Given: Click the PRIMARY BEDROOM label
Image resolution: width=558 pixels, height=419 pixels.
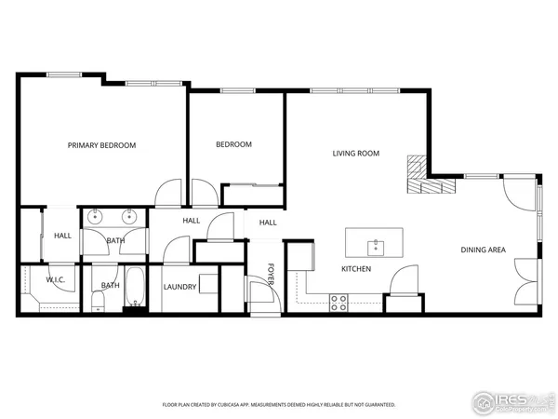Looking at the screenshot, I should coord(101,145).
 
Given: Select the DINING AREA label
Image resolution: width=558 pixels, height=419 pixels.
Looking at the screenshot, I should coord(483,250).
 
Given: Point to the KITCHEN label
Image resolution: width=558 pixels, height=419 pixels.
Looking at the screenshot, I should coord(356,269).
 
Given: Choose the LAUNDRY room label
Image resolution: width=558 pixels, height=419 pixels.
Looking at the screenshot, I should coord(179,287).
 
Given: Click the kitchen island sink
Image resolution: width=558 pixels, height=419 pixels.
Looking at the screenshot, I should coord(376,247).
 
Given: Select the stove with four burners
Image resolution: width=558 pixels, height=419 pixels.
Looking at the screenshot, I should coord(339,302).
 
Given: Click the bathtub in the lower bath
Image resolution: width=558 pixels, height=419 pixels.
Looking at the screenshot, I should coord(134,287).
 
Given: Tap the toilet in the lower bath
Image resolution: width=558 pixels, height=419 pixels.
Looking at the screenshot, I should coord(100,299).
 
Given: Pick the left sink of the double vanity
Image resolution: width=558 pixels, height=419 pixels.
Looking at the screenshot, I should coord(96,218).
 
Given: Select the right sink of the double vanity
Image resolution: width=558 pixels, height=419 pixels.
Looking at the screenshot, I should coord(129,218).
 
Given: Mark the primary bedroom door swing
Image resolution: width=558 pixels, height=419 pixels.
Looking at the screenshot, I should coord(168,194).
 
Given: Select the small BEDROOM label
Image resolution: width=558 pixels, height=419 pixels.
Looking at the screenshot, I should coord(233,144).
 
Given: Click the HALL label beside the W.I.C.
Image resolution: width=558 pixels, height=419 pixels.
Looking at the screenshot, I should coord(62,236).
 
